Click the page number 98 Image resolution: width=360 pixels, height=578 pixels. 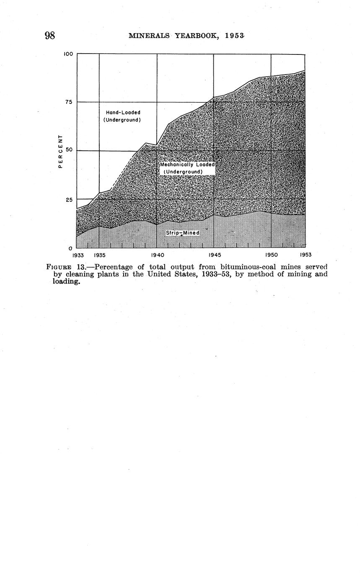pyautogui.click(x=50, y=35)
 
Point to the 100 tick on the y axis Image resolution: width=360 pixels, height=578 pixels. pyautogui.click(x=69, y=54)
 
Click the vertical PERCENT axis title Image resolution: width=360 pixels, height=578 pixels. pyautogui.click(x=60, y=151)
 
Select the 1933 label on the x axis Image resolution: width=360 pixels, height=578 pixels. pyautogui.click(x=78, y=255)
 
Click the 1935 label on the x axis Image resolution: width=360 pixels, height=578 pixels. pyautogui.click(x=99, y=255)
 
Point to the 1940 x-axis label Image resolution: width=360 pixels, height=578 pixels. pyautogui.click(x=157, y=255)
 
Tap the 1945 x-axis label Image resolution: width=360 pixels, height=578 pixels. pyautogui.click(x=214, y=255)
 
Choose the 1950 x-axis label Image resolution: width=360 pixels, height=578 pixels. pyautogui.click(x=271, y=255)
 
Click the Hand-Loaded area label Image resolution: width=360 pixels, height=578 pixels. pyautogui.click(x=122, y=116)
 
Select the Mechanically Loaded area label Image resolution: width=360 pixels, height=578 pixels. pyautogui.click(x=187, y=168)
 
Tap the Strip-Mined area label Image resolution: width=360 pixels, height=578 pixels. pyautogui.click(x=183, y=233)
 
